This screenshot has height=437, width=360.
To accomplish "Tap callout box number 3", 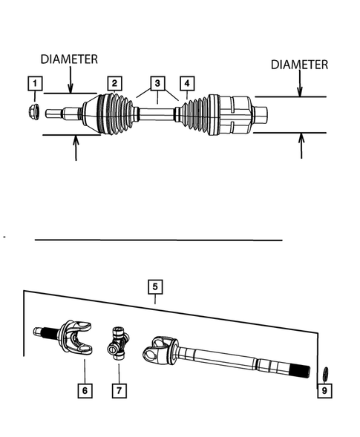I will (157, 83).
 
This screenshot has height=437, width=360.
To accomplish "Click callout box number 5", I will (155, 286).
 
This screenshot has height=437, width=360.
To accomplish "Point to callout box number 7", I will (118, 389).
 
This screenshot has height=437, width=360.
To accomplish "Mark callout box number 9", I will (324, 389).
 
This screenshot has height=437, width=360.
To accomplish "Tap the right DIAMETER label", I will (299, 65).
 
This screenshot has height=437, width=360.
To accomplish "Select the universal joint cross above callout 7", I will (119, 346).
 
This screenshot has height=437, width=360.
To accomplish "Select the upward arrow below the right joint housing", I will (301, 145).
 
